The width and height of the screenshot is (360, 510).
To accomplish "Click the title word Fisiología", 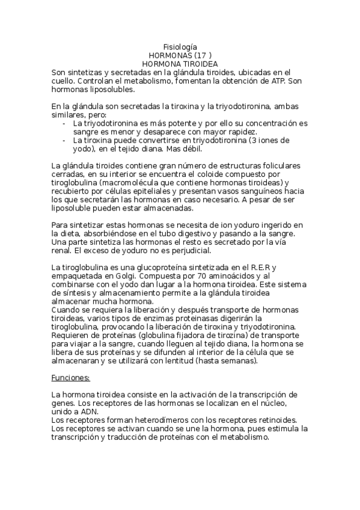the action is tap(180, 47).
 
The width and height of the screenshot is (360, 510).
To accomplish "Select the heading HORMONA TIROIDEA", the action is tap(180, 63).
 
